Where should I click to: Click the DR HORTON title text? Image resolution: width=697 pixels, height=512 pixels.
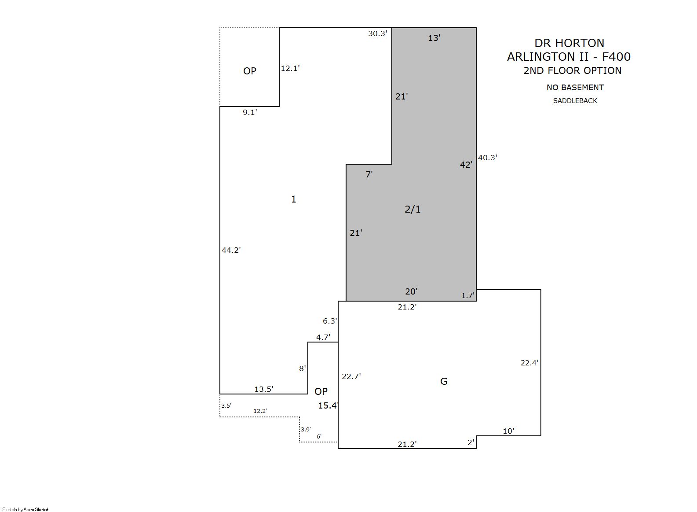point(569,43)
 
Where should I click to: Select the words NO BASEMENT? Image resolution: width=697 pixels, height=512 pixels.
point(575,88)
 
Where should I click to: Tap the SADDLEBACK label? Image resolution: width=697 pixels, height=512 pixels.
point(575,100)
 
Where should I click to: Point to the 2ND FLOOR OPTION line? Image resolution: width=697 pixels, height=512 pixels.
point(572,71)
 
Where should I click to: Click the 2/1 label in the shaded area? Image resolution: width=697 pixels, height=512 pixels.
point(412,209)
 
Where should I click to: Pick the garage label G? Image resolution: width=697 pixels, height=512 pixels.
point(444,381)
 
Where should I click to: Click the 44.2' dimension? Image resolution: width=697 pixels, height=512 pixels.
point(231,250)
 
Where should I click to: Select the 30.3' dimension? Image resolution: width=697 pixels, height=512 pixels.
point(377,33)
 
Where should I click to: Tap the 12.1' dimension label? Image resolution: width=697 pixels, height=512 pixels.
point(290,68)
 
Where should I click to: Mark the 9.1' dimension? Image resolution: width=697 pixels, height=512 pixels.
point(250,112)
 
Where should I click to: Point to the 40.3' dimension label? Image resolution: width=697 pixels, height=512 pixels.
point(488,158)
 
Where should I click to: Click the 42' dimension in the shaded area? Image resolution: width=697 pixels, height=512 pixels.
point(466,165)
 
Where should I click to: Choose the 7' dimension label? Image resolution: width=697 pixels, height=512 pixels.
point(369,174)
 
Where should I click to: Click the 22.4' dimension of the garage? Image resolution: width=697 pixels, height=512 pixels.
point(529,363)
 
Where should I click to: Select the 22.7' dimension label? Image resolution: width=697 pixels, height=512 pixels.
point(351,376)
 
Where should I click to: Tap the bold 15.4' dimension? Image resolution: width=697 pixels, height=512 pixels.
point(328,405)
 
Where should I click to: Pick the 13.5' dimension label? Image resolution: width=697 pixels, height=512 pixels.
point(264,389)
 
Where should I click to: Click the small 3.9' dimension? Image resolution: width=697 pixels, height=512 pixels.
point(306,430)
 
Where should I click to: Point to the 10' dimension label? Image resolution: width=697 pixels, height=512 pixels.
point(508,431)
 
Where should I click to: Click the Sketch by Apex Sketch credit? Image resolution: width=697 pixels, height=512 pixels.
point(26,509)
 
